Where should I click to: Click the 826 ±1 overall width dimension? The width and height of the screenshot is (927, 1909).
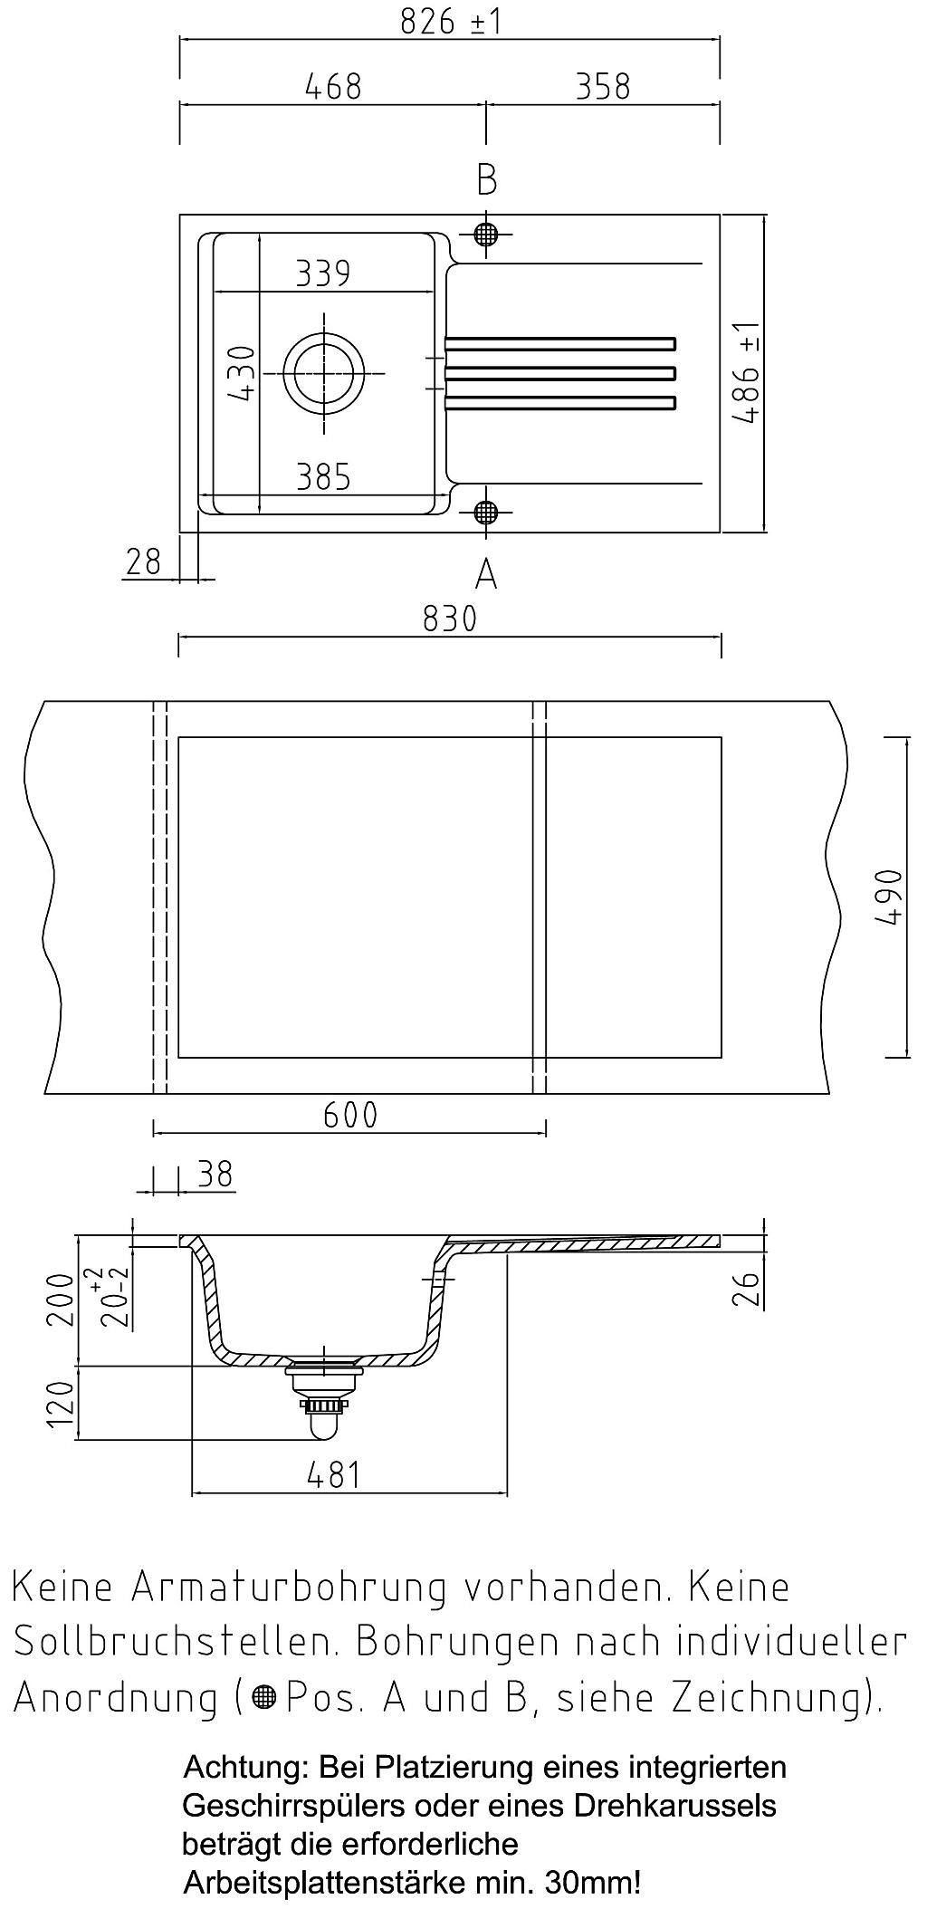[x=451, y=22]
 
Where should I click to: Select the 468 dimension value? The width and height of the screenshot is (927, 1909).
[x=333, y=87]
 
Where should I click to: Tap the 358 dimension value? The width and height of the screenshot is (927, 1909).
[x=602, y=87]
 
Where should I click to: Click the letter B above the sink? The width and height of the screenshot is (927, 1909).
[x=487, y=179]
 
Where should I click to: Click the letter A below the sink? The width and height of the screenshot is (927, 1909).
[x=486, y=573]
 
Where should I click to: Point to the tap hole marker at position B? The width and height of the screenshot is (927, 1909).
[x=486, y=235]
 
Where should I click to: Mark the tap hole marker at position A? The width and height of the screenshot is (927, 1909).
[x=486, y=513]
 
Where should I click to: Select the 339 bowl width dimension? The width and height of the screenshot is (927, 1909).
[x=323, y=273]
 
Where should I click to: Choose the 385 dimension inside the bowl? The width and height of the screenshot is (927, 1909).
[x=323, y=476]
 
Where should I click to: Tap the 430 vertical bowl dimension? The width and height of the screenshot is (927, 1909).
[x=242, y=372]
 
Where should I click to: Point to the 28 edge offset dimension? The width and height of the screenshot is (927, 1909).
[x=143, y=562]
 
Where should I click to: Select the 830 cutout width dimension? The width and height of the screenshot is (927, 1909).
[x=450, y=619]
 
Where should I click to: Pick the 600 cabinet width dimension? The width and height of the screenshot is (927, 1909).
[x=350, y=1115]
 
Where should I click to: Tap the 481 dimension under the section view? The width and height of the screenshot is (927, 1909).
[x=334, y=1475]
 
